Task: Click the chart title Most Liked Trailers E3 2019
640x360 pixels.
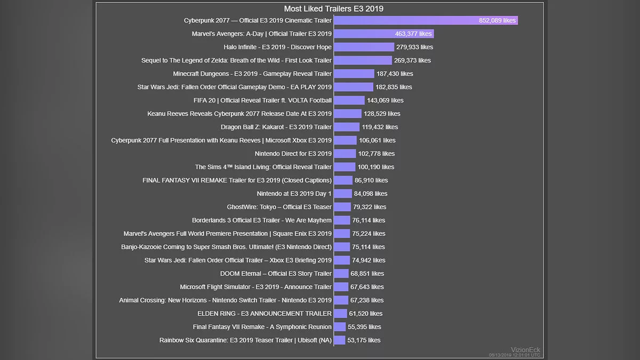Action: (x=333, y=9)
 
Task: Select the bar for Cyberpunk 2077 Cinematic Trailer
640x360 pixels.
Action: (x=426, y=20)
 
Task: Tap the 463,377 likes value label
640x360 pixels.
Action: (x=413, y=34)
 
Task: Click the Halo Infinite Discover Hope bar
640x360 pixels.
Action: (x=364, y=47)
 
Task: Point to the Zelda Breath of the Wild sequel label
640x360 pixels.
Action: (x=236, y=60)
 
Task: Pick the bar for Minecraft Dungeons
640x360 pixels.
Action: (x=354, y=74)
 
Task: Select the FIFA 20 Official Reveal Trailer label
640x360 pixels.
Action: (x=262, y=100)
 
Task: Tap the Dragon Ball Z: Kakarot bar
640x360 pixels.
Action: (x=347, y=127)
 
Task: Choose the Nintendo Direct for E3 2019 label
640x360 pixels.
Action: (x=293, y=154)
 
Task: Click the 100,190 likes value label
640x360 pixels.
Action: (x=376, y=167)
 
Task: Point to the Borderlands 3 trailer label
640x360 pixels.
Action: (x=262, y=220)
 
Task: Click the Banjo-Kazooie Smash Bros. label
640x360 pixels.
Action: (x=226, y=247)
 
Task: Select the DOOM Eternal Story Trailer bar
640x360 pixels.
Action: (x=341, y=274)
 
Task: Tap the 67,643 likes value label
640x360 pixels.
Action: (x=367, y=287)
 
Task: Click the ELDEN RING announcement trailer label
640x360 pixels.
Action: (x=265, y=314)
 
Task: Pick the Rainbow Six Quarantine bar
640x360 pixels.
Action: (x=339, y=340)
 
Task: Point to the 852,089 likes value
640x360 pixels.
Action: (x=497, y=20)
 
